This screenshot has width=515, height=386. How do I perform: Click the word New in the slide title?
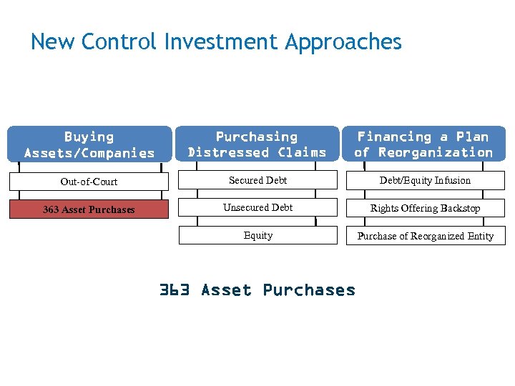point(53,42)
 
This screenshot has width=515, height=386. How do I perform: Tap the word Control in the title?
point(119,42)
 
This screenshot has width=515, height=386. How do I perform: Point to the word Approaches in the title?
point(343,43)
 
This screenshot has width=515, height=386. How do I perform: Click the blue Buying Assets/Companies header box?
point(89,144)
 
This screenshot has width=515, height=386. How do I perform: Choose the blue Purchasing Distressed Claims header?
point(257,144)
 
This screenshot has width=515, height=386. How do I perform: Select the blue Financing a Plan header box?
point(424,144)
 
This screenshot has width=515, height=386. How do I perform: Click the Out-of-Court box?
point(89,182)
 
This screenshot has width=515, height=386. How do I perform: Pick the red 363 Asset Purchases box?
point(89,209)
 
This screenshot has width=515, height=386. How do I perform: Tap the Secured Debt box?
point(257,181)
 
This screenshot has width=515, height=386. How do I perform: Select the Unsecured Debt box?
point(257,208)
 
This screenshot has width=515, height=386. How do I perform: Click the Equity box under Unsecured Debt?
point(257,235)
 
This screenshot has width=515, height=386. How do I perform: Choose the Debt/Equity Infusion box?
point(425,181)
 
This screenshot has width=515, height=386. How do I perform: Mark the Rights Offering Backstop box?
point(425,209)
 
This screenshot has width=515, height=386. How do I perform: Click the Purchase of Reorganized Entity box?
point(425,236)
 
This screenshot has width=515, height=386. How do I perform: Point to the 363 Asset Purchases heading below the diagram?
point(257,290)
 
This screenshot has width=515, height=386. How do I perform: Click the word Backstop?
point(459,209)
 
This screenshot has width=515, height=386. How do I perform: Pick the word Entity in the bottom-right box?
point(479,236)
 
